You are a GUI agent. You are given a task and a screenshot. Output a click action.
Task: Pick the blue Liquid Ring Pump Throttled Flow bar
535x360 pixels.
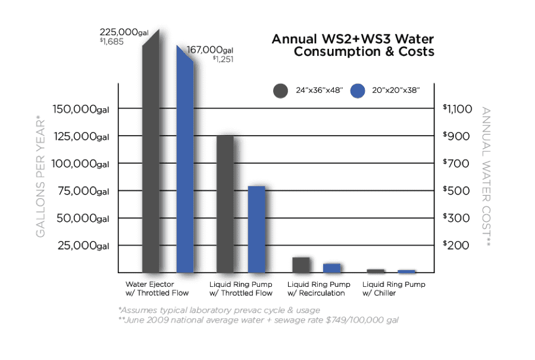256,229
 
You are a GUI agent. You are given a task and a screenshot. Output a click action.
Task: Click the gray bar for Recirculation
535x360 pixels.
301,265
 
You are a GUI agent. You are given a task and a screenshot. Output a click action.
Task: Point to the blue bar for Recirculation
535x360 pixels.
331,268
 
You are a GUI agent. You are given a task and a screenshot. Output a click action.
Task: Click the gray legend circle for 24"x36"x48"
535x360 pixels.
280,91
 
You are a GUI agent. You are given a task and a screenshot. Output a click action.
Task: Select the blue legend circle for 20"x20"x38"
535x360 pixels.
358,91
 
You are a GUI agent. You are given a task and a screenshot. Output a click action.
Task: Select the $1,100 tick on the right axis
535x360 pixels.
457,109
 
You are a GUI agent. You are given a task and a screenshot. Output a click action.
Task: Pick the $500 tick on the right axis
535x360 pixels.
457,191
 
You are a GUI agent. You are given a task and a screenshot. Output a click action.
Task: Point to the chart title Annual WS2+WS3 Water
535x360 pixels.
353,39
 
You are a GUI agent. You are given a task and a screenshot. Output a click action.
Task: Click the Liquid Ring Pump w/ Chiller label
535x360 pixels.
393,289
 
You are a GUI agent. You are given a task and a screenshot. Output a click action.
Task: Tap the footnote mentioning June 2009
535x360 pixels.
258,320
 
